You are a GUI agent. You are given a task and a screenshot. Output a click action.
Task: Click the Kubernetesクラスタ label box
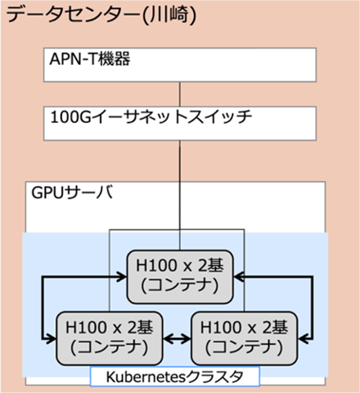click(173, 377)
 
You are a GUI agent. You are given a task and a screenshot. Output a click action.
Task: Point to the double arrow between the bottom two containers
click(173, 337)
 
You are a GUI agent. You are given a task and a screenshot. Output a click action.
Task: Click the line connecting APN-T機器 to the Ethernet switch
click(179, 90)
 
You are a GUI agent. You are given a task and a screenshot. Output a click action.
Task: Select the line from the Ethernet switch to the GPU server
click(179, 160)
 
